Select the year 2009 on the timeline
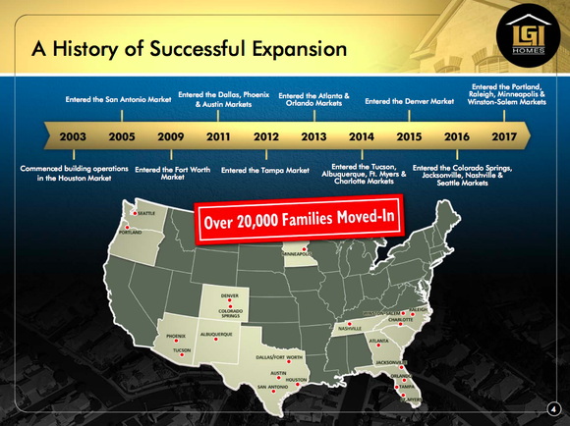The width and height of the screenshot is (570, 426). [171, 136]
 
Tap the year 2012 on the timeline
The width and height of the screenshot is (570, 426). [267, 136]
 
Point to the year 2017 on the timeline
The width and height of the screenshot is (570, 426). [505, 136]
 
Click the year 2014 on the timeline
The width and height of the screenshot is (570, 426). [362, 136]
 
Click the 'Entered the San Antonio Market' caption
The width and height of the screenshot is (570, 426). [118, 100]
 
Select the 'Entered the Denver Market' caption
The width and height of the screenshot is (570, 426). [409, 100]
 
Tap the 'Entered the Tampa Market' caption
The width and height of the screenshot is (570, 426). [265, 170]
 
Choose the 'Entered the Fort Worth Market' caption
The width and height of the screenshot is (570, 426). [172, 174]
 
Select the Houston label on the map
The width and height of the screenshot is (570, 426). [297, 380]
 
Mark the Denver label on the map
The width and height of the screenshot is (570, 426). [229, 295]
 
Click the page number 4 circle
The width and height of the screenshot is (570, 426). [552, 407]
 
